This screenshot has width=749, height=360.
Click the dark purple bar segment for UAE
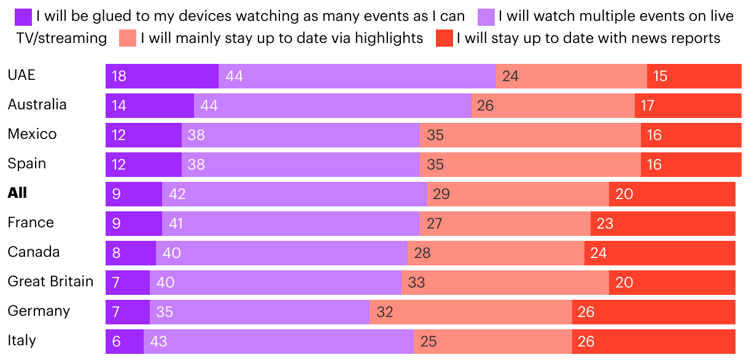coord(162,76)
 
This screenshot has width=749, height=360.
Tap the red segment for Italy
coord(653,342)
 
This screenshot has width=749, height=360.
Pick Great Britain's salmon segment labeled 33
coord(505,283)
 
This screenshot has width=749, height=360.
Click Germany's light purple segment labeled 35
coord(259,312)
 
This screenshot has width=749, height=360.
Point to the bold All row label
coord(17,193)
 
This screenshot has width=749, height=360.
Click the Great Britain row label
coord(50,281)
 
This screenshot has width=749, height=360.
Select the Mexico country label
coord(32,134)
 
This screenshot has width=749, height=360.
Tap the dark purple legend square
coord(23,16)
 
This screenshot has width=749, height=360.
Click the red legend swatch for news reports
coord(444,38)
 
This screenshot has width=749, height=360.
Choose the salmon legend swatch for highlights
coord(128,38)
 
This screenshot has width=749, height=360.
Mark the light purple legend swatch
coord(485,16)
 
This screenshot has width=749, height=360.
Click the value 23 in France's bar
coord(605,224)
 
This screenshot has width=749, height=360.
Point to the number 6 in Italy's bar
coord(116,342)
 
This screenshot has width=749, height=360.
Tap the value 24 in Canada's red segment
coord(598,253)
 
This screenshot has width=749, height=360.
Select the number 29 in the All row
coord(441,194)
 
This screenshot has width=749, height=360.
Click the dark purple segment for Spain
coord(144,165)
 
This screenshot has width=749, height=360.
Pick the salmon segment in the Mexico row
coord(530,135)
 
